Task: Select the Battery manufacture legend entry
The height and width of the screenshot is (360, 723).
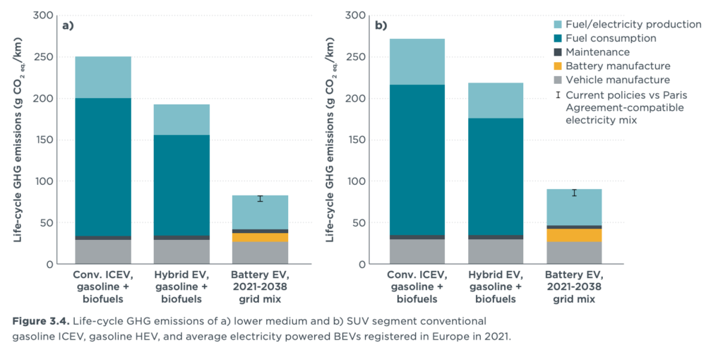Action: (608, 66)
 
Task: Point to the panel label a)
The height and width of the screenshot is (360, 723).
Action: (68, 26)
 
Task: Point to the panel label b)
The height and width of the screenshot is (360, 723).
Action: (381, 26)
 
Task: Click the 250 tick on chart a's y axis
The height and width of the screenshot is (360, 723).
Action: (43, 56)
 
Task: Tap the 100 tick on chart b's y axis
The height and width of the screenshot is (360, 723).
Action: (357, 181)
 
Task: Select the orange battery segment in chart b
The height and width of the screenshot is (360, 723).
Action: (575, 235)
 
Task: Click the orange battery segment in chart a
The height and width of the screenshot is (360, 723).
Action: (261, 237)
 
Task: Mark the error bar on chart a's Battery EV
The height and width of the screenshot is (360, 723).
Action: (261, 198)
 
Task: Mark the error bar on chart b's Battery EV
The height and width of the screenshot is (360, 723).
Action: (575, 193)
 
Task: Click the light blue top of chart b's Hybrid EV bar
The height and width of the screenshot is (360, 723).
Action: (496, 100)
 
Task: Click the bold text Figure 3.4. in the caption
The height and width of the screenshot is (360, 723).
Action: (37, 321)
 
